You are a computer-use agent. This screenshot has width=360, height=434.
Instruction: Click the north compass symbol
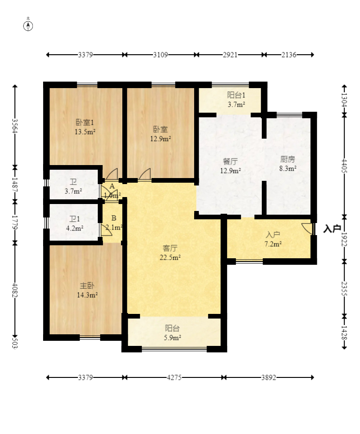[x=28, y=26]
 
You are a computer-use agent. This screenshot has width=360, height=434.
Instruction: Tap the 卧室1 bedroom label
[x=85, y=122]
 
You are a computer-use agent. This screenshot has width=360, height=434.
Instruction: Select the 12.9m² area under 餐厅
[x=230, y=171]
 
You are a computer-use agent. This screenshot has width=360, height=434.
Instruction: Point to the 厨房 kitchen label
[x=288, y=159]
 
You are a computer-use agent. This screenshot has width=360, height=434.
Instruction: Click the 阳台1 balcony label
[x=236, y=95]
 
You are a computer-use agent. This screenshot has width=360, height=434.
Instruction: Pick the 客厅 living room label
[x=170, y=248]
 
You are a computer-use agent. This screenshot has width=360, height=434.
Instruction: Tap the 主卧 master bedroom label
[x=87, y=286]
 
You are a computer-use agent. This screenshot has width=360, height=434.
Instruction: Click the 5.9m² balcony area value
[x=172, y=338]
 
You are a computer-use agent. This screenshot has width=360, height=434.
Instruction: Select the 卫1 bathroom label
[x=75, y=219]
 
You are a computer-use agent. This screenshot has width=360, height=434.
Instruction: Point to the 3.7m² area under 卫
[x=73, y=191]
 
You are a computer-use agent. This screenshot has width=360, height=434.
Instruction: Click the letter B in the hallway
[x=114, y=218]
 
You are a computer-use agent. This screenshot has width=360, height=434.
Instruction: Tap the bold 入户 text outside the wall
[x=332, y=229]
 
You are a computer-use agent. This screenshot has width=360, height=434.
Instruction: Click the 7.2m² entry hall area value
[x=273, y=244]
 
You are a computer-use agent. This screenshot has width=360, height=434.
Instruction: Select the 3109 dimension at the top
[x=161, y=55]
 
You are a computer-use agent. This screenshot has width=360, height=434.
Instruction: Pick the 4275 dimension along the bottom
[x=174, y=377]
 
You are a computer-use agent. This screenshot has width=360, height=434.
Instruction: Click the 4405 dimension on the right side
[x=345, y=166]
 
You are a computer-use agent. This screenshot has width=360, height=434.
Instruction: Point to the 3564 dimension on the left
[x=15, y=126]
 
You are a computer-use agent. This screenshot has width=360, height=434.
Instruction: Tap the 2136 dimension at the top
[x=289, y=55]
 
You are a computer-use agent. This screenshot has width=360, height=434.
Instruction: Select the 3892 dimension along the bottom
[x=269, y=377]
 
